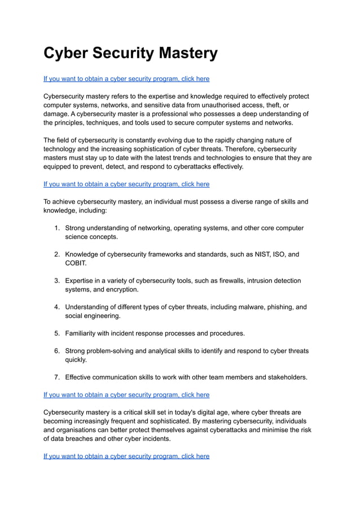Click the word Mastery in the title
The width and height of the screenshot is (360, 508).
(181, 53)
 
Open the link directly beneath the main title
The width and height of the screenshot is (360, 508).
(126, 79)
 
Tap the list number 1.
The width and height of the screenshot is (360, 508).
(57, 228)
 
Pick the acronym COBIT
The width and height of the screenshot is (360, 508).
(76, 263)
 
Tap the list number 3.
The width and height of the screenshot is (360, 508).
(57, 281)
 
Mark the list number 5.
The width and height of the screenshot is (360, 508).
(57, 333)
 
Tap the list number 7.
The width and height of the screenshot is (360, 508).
(57, 377)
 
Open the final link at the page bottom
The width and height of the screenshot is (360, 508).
(126, 456)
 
